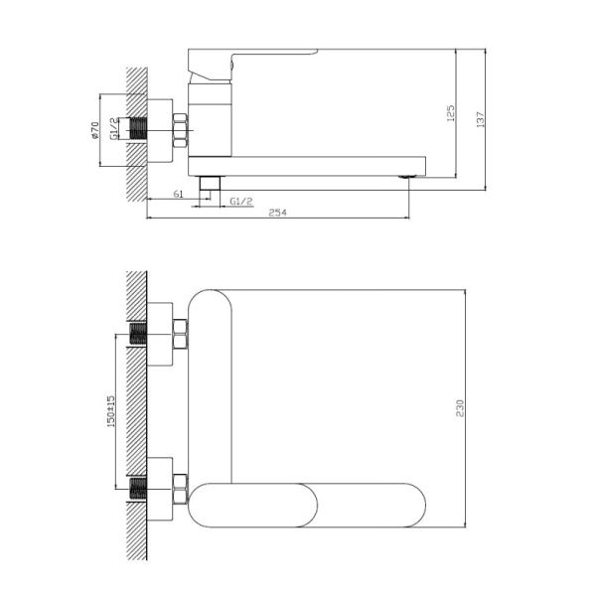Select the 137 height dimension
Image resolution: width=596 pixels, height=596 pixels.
tap(481, 118)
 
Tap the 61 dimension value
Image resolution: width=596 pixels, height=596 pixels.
tap(177, 195)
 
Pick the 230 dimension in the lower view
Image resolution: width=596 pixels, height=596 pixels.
tap(460, 407)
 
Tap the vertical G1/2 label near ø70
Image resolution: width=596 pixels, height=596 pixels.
tap(115, 129)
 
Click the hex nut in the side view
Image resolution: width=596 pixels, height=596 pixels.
tap(181, 130)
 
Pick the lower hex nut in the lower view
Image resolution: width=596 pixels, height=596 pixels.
tap(181, 488)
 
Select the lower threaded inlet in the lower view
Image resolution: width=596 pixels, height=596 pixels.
tap(137, 488)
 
